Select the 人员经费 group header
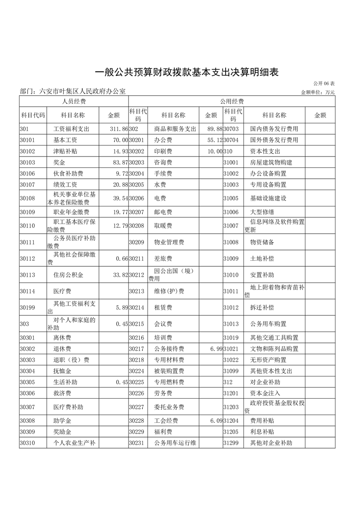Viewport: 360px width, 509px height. (74, 101)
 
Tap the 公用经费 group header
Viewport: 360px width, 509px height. (232, 101)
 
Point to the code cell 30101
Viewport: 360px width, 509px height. (28, 140)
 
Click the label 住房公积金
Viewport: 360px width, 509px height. (68, 275)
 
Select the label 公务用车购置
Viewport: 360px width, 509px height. (268, 324)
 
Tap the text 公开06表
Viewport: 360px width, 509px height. (323, 84)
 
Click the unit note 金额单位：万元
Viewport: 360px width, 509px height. (317, 92)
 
